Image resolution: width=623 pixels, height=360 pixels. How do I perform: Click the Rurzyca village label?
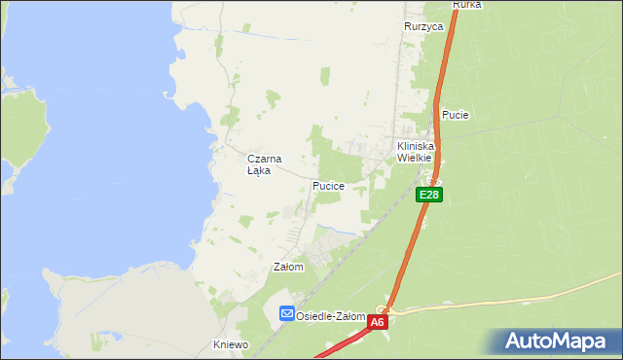click(423, 27)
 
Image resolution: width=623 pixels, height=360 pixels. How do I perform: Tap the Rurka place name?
click(467, 5)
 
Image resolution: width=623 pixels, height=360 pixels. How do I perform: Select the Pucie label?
click(456, 115)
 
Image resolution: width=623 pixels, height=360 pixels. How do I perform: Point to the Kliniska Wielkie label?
click(415, 152)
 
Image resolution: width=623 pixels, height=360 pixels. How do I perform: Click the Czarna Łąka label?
click(264, 164)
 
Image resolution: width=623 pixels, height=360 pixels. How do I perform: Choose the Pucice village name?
click(328, 185)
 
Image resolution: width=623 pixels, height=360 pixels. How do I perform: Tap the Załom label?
click(289, 267)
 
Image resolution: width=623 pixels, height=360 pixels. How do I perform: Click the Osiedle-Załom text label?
click(331, 316)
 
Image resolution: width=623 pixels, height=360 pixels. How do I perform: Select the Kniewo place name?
click(232, 344)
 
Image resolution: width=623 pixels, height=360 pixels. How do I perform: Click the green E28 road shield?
click(430, 196)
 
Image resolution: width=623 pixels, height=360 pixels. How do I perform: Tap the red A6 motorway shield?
click(378, 321)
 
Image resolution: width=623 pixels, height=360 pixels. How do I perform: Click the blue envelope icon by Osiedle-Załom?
click(287, 313)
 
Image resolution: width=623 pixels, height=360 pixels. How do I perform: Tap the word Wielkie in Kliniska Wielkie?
click(415, 158)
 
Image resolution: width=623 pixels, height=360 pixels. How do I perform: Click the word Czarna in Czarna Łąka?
click(264, 159)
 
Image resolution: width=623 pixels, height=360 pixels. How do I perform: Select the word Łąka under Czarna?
click(259, 170)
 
